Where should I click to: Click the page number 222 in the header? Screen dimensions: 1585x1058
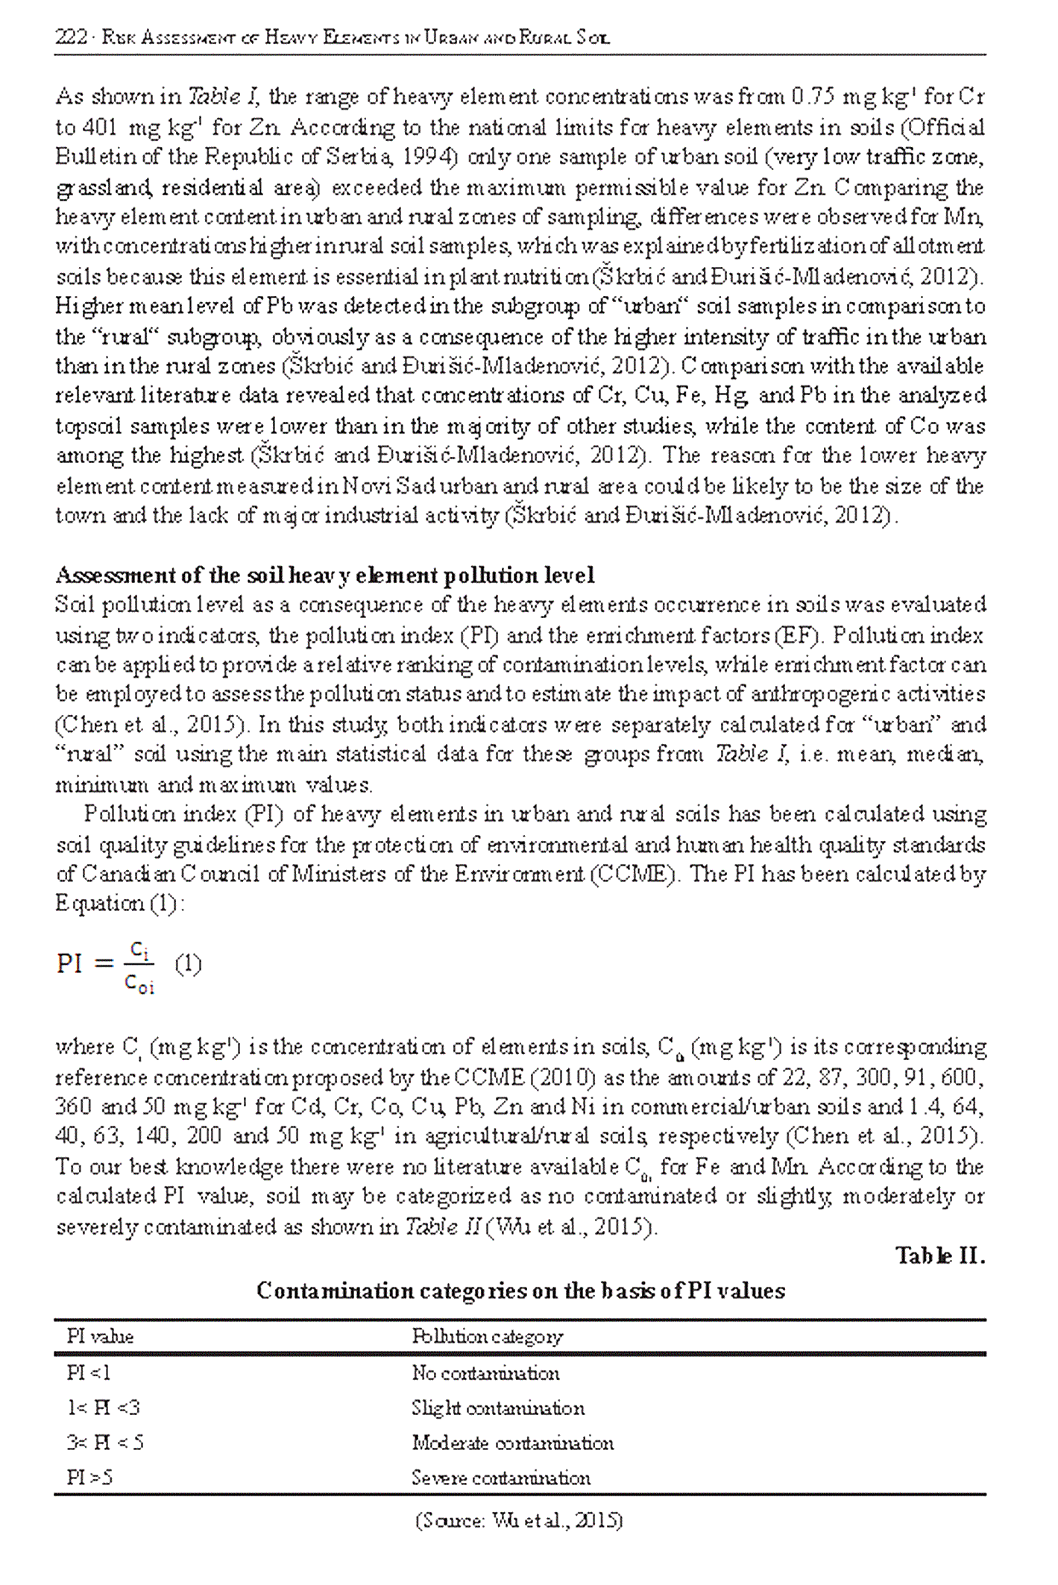coord(71,37)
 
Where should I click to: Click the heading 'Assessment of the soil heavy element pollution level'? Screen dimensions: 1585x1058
coord(325,575)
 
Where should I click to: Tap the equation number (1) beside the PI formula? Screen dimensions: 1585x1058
coord(187,965)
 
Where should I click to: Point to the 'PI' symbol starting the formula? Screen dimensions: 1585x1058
coord(70,964)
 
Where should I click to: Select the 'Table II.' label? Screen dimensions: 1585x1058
coord(940,1256)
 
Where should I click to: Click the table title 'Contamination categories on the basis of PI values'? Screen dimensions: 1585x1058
coord(520,1291)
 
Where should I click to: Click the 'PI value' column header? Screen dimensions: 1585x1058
coord(100,1336)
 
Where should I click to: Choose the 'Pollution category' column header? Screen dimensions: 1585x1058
coord(487,1336)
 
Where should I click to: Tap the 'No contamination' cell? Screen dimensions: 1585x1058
coord(485,1373)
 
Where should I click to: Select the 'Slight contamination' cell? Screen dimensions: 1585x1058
coord(498,1408)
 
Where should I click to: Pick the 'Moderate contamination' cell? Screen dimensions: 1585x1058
coord(512,1443)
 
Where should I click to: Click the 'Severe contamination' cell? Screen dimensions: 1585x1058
coord(500,1478)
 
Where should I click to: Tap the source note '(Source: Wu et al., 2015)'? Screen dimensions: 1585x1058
coord(519,1520)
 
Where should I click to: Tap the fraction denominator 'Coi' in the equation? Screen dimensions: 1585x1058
coord(139,985)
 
